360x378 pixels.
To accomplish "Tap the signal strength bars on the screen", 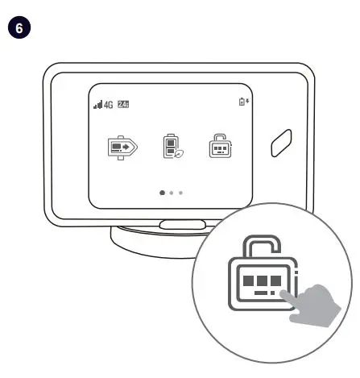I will (x=98, y=105).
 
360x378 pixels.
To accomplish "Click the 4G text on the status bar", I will (x=109, y=105).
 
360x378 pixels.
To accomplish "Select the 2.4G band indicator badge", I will (x=123, y=104).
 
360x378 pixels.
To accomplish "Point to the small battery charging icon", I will (x=245, y=102).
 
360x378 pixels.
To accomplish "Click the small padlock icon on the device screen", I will (x=218, y=146).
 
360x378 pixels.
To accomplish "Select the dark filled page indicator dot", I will (x=163, y=193).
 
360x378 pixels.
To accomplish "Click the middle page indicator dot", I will (x=172, y=193).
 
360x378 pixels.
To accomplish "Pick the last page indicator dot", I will (x=180, y=193).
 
